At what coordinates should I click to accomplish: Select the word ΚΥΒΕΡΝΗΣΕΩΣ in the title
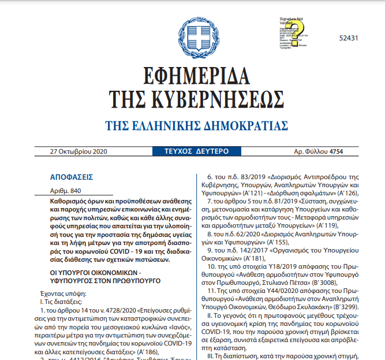tap(228, 100)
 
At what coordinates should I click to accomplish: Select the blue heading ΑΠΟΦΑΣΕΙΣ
tap(72, 177)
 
